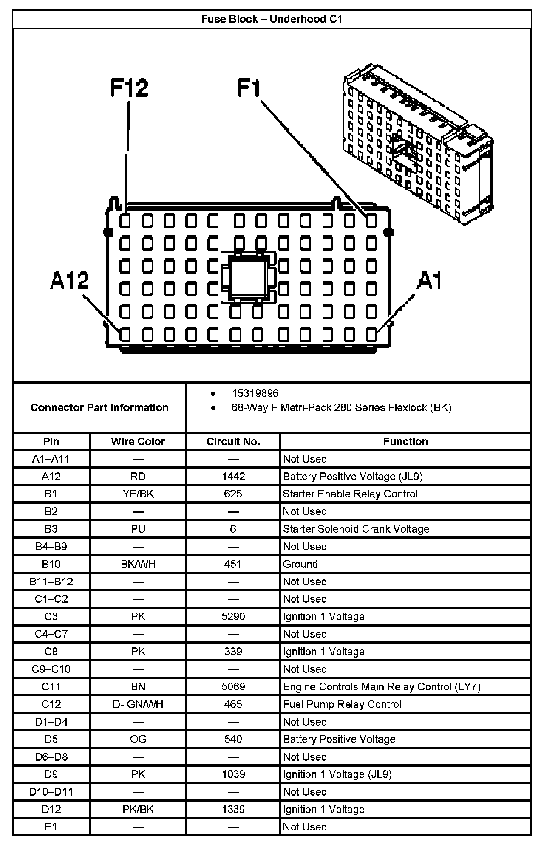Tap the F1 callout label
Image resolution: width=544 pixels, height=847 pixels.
coord(248,88)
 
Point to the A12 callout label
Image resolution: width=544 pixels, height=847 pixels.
coord(69,281)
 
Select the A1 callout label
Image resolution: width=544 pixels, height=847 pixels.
coord(429,281)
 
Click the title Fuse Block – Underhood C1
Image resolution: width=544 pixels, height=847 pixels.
coord(272,19)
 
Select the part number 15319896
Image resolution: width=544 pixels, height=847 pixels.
coord(255,393)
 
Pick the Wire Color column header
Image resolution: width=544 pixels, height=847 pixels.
coord(138,441)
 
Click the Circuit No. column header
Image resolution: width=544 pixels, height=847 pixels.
coord(233,441)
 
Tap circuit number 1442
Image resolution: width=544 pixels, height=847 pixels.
coord(233,476)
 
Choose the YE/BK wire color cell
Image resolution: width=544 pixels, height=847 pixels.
coord(138,494)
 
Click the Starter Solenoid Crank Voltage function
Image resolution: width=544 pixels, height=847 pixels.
coord(356,529)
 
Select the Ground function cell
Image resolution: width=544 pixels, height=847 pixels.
coord(300,564)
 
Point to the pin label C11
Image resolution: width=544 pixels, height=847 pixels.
coord(51,686)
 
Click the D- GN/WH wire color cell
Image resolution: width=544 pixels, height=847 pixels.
coord(138,704)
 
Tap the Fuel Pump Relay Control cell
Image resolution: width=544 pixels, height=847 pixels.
coord(342,704)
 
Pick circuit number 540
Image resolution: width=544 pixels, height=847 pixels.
coord(233,739)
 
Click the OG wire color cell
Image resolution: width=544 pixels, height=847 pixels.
coord(138,739)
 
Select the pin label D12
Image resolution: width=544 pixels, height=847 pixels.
coord(51,809)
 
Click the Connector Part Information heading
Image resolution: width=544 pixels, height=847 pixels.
coord(99,407)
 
